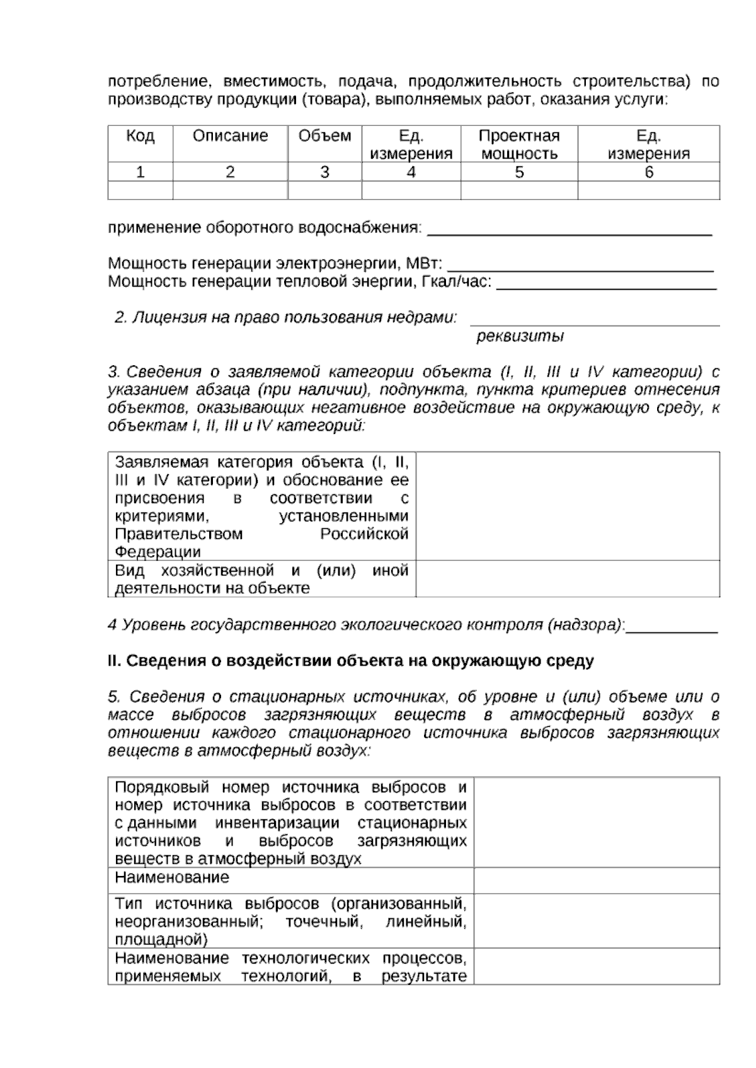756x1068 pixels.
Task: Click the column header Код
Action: pyautogui.click(x=140, y=136)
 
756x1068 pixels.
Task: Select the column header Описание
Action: pyautogui.click(x=230, y=136)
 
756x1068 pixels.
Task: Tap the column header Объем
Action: pyautogui.click(x=324, y=136)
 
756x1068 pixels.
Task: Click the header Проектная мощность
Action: pyautogui.click(x=519, y=145)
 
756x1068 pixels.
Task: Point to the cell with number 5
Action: pyautogui.click(x=519, y=173)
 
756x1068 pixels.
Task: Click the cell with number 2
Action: pyautogui.click(x=230, y=173)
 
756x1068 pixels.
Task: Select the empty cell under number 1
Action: pyautogui.click(x=140, y=190)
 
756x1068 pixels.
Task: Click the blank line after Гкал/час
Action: pyautogui.click(x=606, y=283)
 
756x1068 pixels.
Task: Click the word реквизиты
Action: pyautogui.click(x=520, y=336)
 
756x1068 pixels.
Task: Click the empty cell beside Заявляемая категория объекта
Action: pyautogui.click(x=567, y=506)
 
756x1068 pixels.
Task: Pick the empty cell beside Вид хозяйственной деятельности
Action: pyautogui.click(x=567, y=579)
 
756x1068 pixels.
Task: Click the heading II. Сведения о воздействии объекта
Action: pyautogui.click(x=350, y=661)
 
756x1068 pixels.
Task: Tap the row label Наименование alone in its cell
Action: pyautogui.click(x=172, y=877)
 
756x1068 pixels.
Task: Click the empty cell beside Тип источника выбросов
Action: pyautogui.click(x=596, y=921)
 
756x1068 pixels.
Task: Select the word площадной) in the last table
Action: pyautogui.click(x=161, y=940)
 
